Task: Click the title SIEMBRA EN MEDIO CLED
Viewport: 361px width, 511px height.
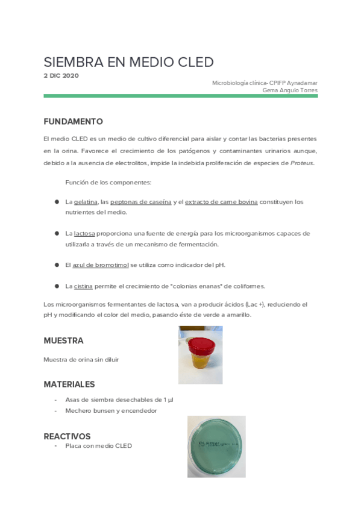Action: (128, 63)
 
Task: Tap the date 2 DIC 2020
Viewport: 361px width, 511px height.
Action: (61, 75)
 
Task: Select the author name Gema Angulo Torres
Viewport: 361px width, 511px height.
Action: (290, 90)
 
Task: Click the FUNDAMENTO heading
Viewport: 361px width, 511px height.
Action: (73, 121)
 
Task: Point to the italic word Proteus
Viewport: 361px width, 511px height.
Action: (302, 163)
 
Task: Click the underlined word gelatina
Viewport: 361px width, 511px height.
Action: (86, 202)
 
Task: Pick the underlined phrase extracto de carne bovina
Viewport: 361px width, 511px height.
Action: (221, 202)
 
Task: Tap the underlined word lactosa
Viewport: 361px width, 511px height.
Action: (84, 233)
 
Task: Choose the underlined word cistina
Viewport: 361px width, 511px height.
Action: (84, 286)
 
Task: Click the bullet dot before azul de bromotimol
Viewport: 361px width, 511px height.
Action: (56, 265)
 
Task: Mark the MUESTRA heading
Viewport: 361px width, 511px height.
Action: (63, 340)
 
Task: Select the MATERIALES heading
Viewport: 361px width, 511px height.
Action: (69, 384)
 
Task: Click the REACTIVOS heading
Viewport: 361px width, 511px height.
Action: (67, 436)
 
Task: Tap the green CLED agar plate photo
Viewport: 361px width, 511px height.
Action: (216, 446)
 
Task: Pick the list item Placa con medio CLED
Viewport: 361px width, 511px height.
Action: (98, 446)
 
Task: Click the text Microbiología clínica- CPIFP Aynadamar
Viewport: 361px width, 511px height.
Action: (265, 83)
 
